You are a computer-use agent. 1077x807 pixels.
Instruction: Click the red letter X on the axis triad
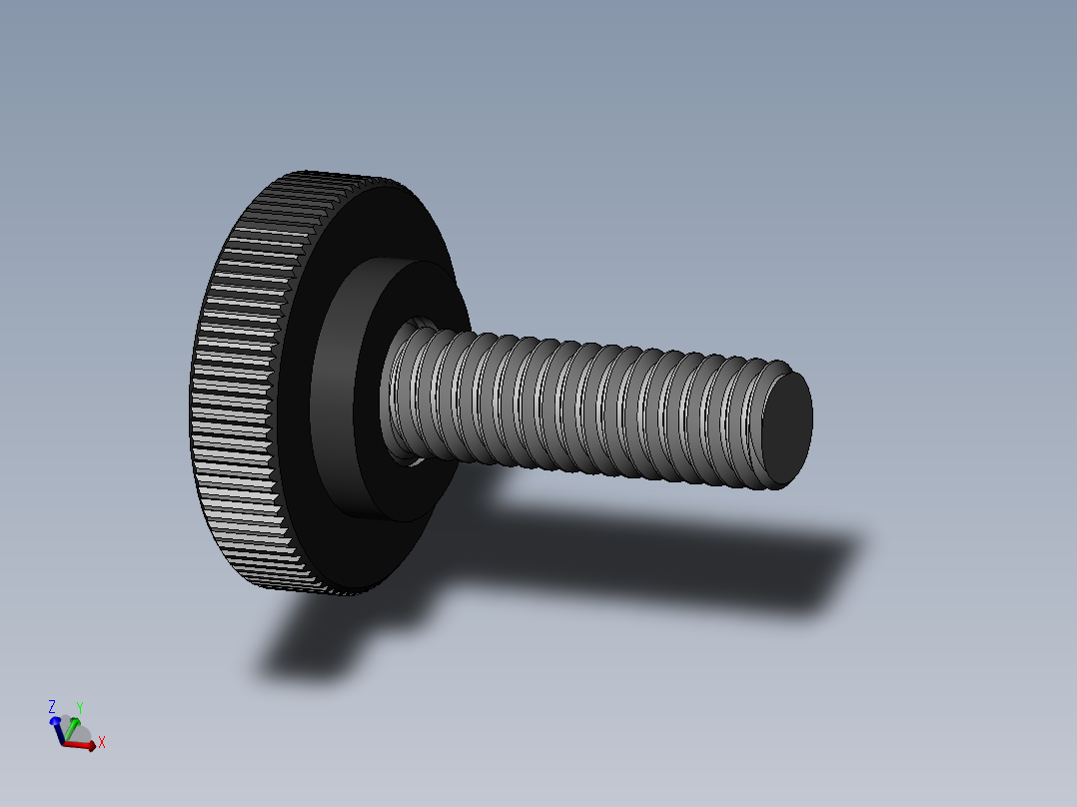coord(102,742)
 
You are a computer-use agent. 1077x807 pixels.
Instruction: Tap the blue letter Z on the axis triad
coord(52,707)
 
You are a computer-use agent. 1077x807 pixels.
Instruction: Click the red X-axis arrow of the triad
coord(82,744)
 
